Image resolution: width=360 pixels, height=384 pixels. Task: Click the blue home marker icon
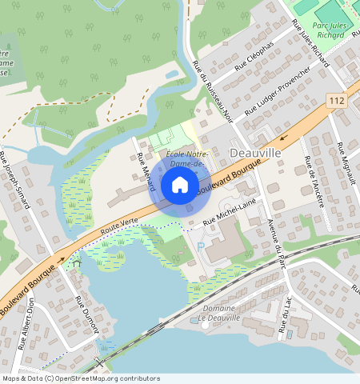click(x=180, y=186)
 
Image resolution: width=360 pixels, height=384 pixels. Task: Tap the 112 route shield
click(x=336, y=99)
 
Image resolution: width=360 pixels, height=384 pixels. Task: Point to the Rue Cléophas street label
click(x=247, y=66)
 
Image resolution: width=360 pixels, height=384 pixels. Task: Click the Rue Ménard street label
click(x=145, y=171)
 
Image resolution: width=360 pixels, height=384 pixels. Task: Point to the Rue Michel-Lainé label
click(x=230, y=211)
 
